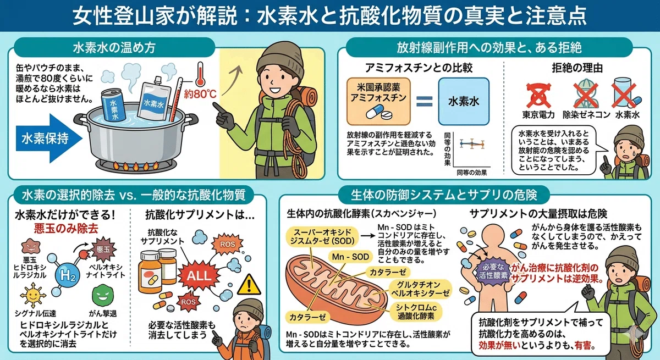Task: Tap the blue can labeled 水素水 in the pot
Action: (x=113, y=104)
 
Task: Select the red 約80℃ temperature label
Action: (x=200, y=94)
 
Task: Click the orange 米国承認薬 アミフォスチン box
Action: (x=378, y=101)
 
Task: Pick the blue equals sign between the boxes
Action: (x=424, y=102)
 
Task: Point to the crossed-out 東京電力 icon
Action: (x=538, y=95)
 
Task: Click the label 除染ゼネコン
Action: (x=586, y=115)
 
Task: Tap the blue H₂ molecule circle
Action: (x=68, y=275)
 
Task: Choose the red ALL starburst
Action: (x=199, y=275)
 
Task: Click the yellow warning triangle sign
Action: (x=249, y=285)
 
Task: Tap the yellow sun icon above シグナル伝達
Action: (x=32, y=295)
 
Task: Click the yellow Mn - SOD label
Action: (x=350, y=257)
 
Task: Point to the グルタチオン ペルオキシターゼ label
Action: (x=420, y=289)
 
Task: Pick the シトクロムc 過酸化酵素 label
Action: (x=416, y=312)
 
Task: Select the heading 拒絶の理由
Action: (x=577, y=68)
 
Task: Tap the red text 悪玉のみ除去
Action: (x=66, y=229)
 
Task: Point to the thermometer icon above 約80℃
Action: (x=200, y=74)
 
